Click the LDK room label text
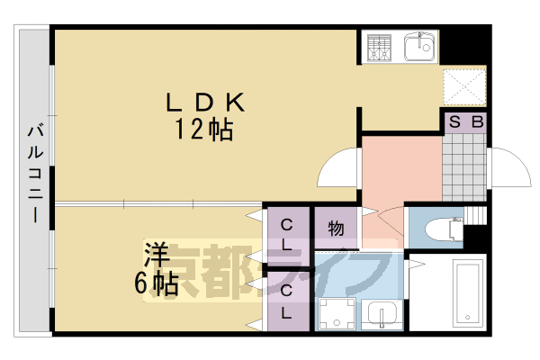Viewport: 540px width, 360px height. click(205, 102)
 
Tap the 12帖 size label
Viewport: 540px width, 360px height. click(204, 130)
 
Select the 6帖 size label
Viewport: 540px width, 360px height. click(157, 283)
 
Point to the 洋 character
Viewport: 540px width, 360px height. click(157, 254)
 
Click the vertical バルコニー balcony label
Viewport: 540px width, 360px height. click(35, 174)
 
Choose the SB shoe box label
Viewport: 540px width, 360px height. click(466, 121)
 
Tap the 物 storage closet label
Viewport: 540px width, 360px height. click(336, 229)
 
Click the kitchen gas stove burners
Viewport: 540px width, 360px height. click(379, 48)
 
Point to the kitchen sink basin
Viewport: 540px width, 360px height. click(418, 47)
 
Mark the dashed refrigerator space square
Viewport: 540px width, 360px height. click(463, 87)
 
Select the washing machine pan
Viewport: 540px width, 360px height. click(337, 314)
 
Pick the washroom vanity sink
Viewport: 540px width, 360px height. click(382, 313)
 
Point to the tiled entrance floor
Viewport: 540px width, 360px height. click(463, 167)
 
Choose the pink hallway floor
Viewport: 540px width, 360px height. click(402, 172)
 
